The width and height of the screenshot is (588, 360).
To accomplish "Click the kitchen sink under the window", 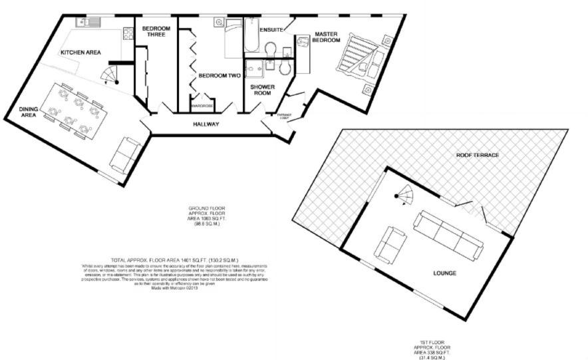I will click(x=88, y=23).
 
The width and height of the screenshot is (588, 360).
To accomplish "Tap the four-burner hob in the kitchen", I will click(x=126, y=33).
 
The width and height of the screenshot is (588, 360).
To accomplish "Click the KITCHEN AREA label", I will click(x=81, y=52).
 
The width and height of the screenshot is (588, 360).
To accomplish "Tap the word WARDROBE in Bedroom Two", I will click(x=202, y=106).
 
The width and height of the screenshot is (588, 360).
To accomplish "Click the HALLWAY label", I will click(x=206, y=124).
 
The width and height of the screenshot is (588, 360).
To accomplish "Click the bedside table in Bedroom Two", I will click(x=219, y=23).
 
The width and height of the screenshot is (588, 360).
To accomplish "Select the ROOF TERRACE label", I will click(x=477, y=155).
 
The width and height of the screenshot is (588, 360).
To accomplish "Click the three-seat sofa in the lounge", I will click(x=446, y=234).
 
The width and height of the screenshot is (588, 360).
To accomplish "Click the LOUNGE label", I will click(x=444, y=273).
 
